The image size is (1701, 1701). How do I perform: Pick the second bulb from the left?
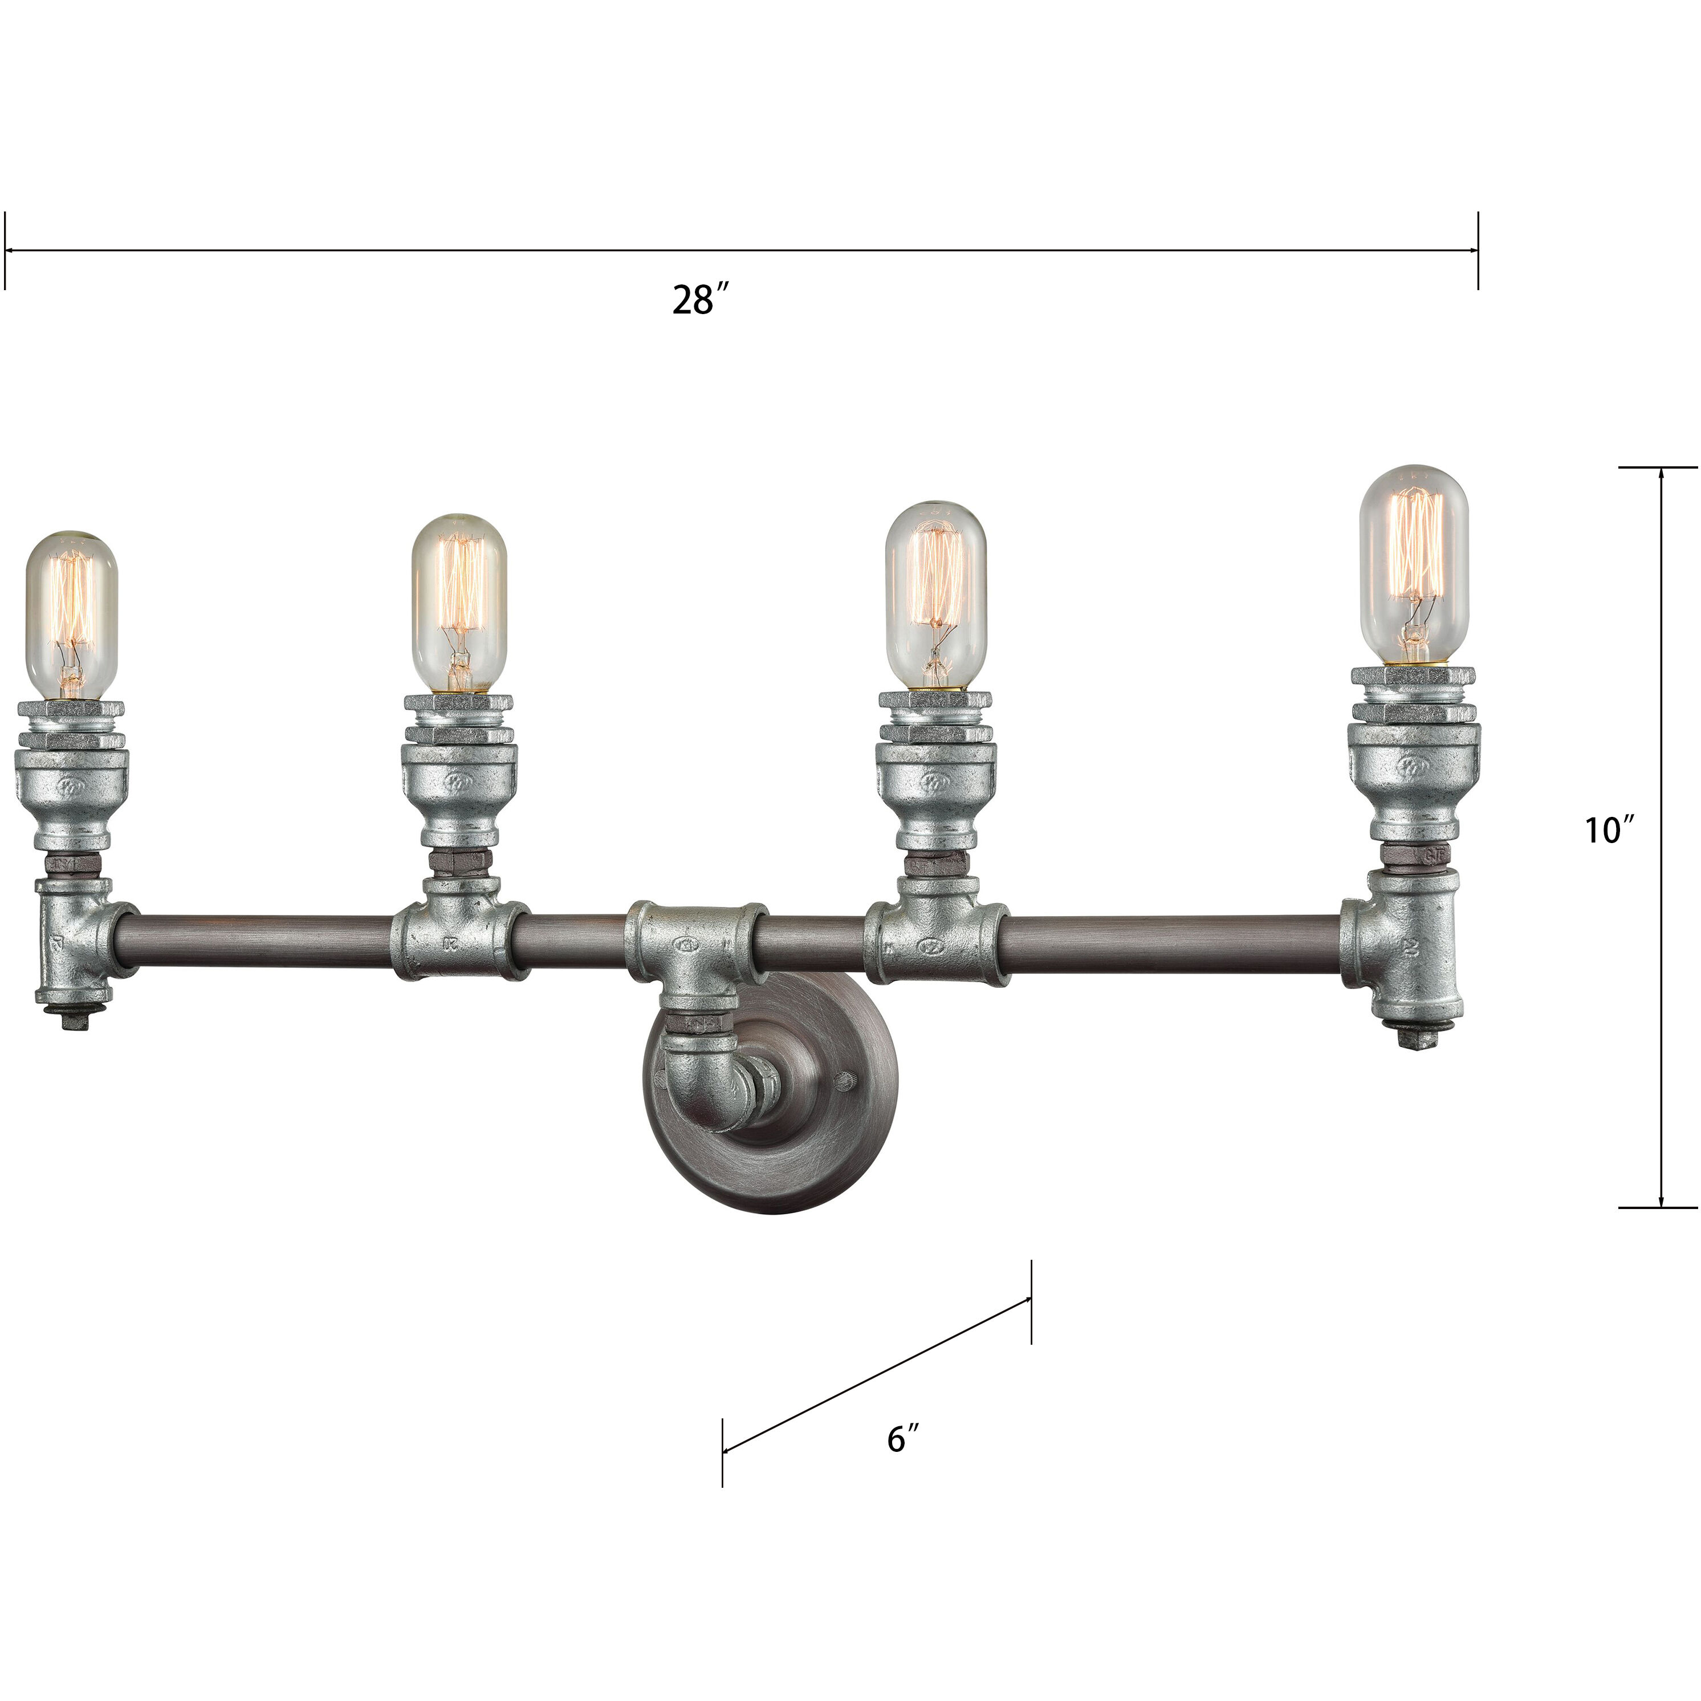[459, 603]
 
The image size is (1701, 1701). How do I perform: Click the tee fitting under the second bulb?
[459, 938]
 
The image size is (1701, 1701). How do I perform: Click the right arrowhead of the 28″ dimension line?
[1471, 251]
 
